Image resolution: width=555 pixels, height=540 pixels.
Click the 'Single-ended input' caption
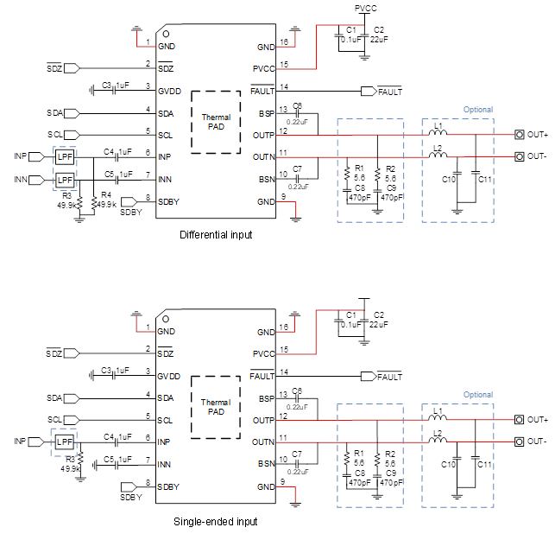coord(215,521)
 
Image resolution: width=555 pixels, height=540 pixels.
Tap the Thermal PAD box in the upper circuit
coord(216,121)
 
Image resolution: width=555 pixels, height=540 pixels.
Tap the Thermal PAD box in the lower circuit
coord(216,406)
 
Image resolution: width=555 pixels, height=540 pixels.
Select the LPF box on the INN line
coord(66,180)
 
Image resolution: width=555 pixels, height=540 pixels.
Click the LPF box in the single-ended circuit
coord(66,442)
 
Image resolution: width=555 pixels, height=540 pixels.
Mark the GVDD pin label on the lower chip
coord(169,376)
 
